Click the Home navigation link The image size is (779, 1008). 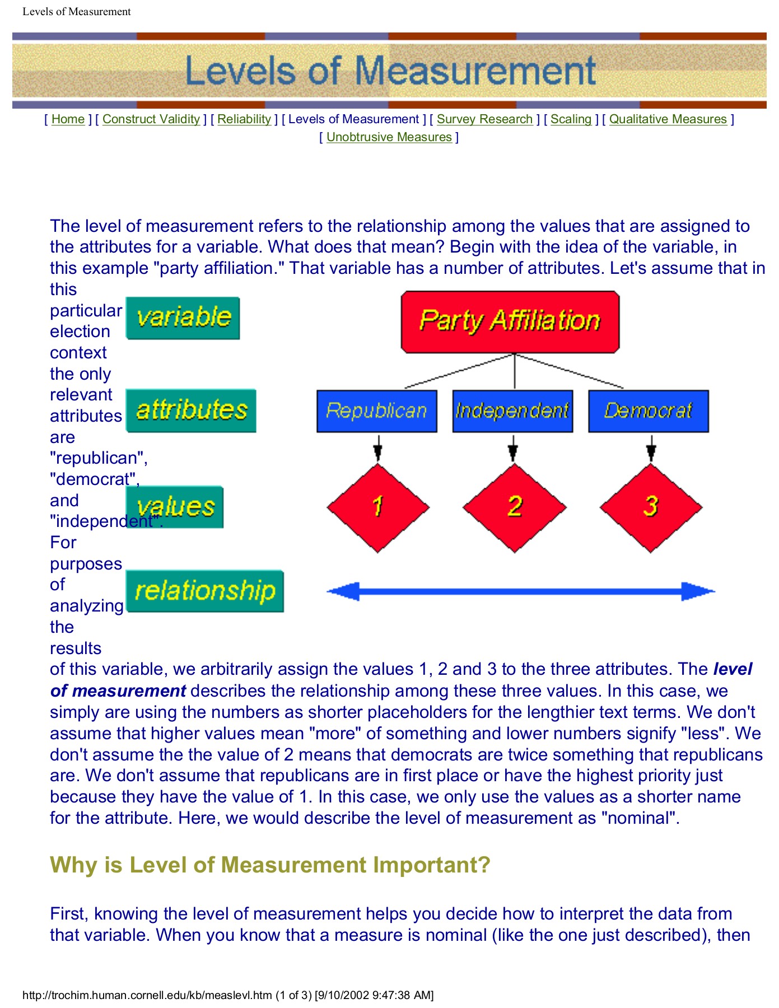[68, 119]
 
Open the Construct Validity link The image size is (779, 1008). [151, 119]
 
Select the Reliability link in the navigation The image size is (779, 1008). [244, 119]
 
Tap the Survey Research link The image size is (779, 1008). [484, 119]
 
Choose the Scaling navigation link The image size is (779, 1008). [571, 119]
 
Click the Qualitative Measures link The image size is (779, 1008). [668, 119]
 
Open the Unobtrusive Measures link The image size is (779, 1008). [389, 137]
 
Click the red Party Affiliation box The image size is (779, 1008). [510, 321]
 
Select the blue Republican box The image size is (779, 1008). [376, 411]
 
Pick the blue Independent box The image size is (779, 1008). [512, 411]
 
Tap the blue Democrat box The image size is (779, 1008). [648, 411]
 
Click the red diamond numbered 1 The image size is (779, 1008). [378, 507]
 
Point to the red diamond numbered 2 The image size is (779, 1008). [514, 507]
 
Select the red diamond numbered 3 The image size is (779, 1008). [650, 507]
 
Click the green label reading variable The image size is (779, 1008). [183, 318]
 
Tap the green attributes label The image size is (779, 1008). [191, 410]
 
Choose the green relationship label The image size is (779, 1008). [205, 591]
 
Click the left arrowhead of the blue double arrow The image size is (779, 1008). [342, 591]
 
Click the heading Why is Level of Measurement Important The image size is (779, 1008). [270, 865]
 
